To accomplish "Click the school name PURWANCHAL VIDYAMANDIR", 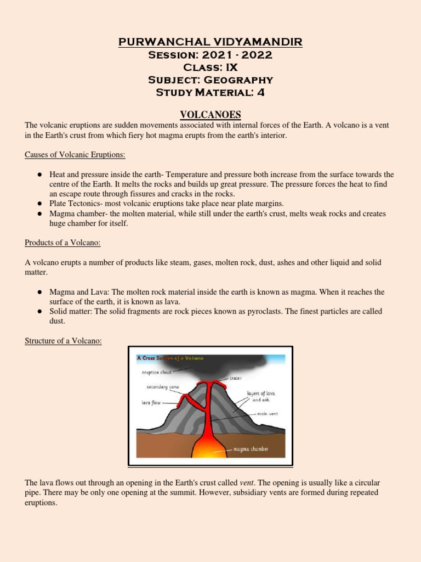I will point(210,42).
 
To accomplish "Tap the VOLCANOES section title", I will point(210,114).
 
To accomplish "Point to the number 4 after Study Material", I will point(261,92).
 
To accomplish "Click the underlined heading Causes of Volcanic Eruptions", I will point(75,155).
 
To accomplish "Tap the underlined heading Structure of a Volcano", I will point(64,341).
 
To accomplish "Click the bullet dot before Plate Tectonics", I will point(40,203).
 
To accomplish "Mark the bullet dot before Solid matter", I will point(40,311).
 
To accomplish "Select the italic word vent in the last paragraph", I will point(247,482).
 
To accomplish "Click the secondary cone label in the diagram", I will point(159,387).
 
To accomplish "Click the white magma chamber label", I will point(251,449).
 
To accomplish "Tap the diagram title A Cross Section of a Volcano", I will point(170,358).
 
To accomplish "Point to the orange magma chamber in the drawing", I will point(207,447).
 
